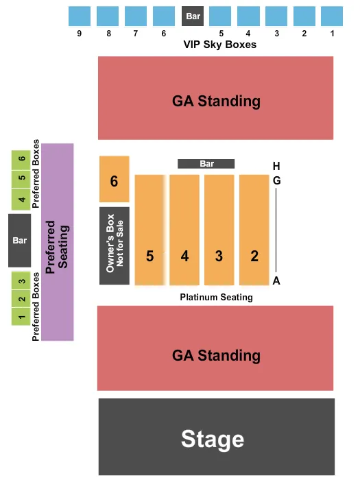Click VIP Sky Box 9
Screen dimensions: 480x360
point(80,16)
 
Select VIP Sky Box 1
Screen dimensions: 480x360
point(333,16)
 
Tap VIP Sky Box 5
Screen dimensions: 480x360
point(220,16)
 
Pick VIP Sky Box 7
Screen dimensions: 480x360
point(136,16)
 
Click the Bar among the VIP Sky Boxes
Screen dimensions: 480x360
point(192,16)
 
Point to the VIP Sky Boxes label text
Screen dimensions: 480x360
point(219,45)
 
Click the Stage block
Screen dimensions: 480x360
point(216,437)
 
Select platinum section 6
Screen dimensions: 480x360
point(114,179)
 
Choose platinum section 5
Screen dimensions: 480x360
point(149,230)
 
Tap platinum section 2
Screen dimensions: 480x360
point(254,230)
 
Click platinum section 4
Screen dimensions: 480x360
point(184,230)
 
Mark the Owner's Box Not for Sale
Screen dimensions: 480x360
point(114,245)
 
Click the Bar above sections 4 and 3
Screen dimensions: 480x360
point(206,164)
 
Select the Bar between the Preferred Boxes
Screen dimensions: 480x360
point(19,241)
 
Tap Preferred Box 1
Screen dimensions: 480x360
point(22,316)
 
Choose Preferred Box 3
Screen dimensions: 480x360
point(22,280)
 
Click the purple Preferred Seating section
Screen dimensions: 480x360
point(57,241)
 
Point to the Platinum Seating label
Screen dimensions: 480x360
point(217,298)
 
